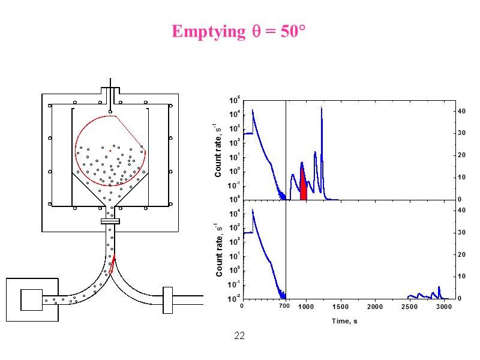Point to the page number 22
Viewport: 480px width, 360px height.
239,335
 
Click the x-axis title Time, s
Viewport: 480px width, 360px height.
345,321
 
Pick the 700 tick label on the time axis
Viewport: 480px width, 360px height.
285,307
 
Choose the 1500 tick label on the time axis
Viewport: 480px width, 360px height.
341,307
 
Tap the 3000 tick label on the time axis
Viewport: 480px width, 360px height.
443,307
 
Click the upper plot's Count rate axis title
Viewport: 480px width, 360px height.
219,149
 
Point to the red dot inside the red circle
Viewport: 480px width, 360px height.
110,151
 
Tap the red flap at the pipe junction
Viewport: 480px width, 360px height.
112,262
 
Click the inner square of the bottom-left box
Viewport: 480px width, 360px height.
31,299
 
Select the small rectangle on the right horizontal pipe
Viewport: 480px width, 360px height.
167,300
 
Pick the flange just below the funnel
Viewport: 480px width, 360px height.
110,221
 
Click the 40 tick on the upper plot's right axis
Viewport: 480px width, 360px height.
461,112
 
